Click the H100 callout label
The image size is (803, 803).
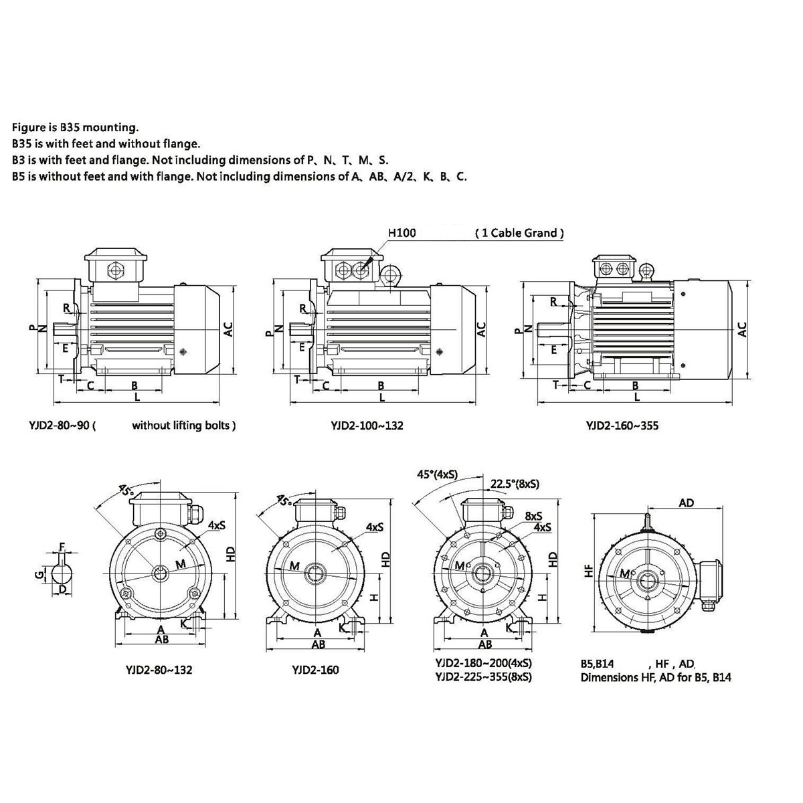(x=401, y=232)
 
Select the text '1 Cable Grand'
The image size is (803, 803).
(x=519, y=232)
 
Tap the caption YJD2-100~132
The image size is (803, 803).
(x=367, y=426)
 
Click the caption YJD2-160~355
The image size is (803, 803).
(x=622, y=426)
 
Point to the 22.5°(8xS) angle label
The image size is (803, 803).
(x=514, y=484)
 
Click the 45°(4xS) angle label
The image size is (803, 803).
(x=437, y=474)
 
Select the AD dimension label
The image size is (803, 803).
(x=687, y=503)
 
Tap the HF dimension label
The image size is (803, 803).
(x=588, y=571)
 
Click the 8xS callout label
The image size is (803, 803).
(x=533, y=517)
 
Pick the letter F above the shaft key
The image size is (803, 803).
(x=62, y=546)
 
